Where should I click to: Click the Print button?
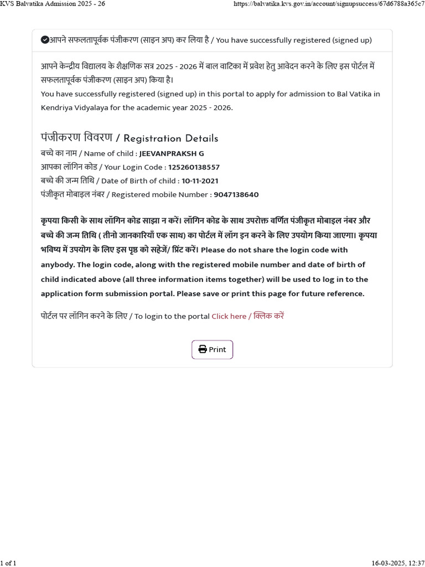click(x=212, y=349)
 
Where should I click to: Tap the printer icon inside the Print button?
click(x=203, y=349)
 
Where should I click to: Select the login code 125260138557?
click(x=194, y=167)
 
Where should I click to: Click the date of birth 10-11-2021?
click(x=200, y=181)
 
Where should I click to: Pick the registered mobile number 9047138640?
click(x=236, y=195)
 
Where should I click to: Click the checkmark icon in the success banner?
click(x=45, y=40)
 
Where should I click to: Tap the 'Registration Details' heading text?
click(x=171, y=138)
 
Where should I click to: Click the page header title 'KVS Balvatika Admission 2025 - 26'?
click(x=53, y=4)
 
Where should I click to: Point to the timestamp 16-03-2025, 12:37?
click(x=398, y=563)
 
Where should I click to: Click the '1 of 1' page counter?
click(x=8, y=563)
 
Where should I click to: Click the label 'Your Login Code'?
click(x=133, y=167)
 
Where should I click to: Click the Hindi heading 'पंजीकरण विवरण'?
click(x=76, y=137)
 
